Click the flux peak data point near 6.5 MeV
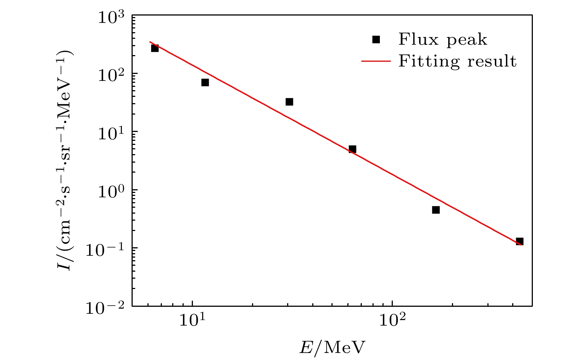(x=155, y=48)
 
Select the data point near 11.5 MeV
(x=205, y=82)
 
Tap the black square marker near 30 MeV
(x=289, y=102)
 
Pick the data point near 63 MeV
(x=353, y=149)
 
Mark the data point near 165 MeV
(x=436, y=210)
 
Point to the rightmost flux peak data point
(x=520, y=241)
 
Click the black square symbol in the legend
(x=376, y=40)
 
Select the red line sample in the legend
(x=376, y=61)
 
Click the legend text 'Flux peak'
(x=443, y=40)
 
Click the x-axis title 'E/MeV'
(x=332, y=348)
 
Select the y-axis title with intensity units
(x=67, y=160)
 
